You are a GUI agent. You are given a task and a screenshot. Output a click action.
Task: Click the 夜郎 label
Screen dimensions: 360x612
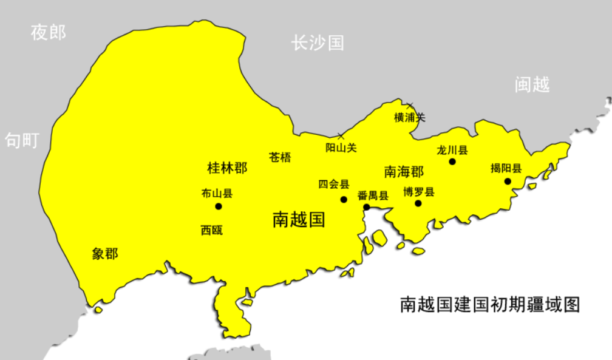pyautogui.click(x=49, y=33)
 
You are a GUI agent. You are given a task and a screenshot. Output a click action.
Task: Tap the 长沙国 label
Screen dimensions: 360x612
pyautogui.click(x=318, y=42)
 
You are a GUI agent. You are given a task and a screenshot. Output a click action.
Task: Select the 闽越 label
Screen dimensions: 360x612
pyautogui.click(x=532, y=84)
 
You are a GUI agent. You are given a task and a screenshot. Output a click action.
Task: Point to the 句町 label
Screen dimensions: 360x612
pyautogui.click(x=22, y=140)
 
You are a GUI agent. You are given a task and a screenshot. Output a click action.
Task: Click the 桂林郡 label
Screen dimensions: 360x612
pyautogui.click(x=227, y=168)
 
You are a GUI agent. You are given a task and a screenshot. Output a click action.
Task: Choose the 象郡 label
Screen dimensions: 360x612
pyautogui.click(x=105, y=254)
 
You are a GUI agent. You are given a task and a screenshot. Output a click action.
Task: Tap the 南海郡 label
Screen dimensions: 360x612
pyautogui.click(x=404, y=172)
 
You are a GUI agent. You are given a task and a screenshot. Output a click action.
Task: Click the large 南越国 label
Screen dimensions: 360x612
pyautogui.click(x=299, y=219)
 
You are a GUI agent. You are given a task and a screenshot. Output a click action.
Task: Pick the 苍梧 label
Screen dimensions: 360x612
pyautogui.click(x=280, y=158)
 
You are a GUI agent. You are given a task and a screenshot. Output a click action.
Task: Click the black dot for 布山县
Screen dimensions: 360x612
pyautogui.click(x=219, y=206)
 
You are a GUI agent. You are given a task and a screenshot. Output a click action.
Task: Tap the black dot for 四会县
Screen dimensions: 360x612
pyautogui.click(x=344, y=199)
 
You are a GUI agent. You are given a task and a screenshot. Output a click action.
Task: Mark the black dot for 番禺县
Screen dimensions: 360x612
pyautogui.click(x=367, y=207)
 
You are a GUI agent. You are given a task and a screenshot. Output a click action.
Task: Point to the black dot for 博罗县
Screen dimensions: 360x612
pyautogui.click(x=418, y=203)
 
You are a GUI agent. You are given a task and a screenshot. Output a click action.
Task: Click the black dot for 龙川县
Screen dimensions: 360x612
pyautogui.click(x=452, y=161)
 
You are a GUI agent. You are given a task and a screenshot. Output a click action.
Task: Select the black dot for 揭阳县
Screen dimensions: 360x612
pyautogui.click(x=508, y=181)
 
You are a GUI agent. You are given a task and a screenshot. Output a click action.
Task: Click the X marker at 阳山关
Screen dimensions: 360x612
pyautogui.click(x=341, y=135)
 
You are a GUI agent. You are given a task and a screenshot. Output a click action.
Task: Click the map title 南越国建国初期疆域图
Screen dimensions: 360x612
pyautogui.click(x=490, y=304)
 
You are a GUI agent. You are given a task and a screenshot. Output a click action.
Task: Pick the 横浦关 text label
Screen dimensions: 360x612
pyautogui.click(x=410, y=117)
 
